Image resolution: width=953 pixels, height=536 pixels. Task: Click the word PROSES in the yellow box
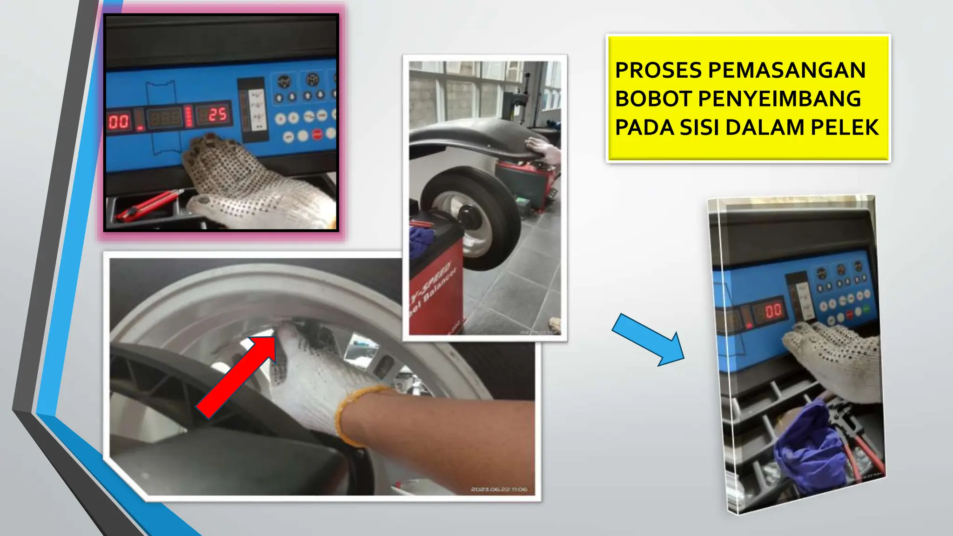658,71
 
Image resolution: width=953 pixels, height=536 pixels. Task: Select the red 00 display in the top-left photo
119,122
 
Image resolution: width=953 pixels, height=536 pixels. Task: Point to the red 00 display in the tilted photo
773,311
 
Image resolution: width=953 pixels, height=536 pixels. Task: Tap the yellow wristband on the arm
354,414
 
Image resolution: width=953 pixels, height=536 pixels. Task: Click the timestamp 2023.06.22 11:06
499,489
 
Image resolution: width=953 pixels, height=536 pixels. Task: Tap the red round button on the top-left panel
317,135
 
